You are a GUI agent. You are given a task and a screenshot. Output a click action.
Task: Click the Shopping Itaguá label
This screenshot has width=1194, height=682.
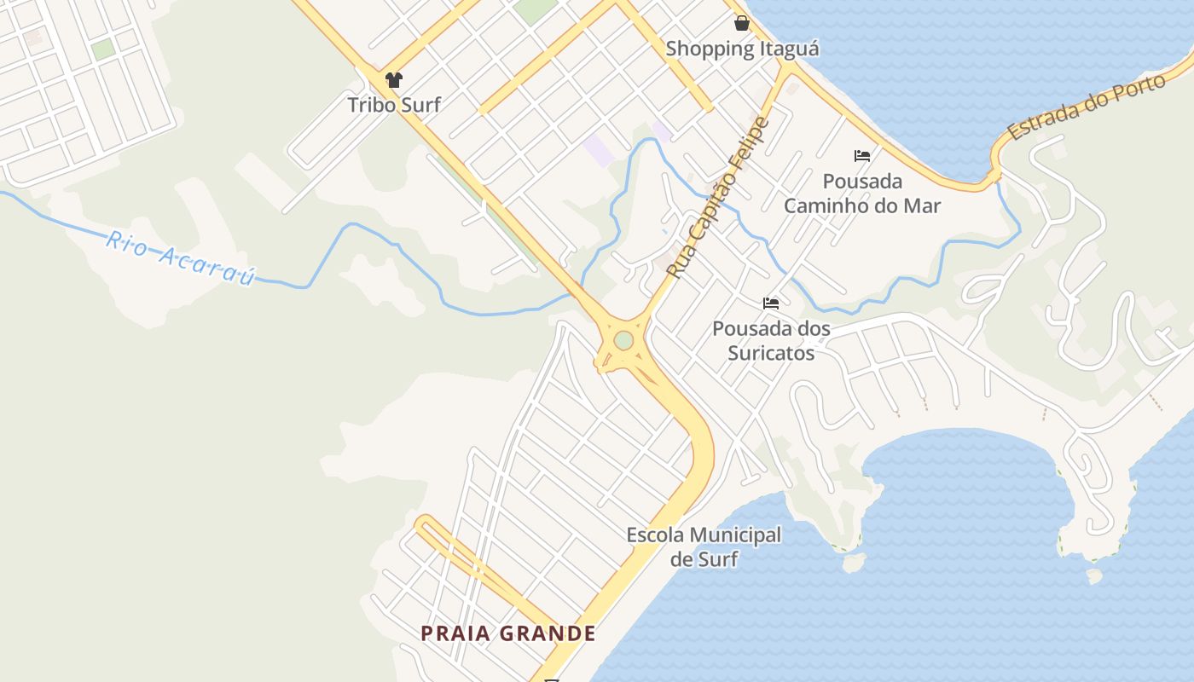tap(742, 49)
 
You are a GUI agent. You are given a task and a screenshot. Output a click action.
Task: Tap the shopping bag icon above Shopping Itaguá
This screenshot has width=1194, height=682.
tap(742, 23)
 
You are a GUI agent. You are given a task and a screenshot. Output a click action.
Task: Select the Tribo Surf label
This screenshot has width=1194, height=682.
tap(394, 105)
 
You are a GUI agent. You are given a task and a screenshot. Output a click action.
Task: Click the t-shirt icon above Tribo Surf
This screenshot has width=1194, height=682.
tap(394, 80)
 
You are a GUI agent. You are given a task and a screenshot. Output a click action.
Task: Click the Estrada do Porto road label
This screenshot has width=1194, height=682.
tap(1087, 107)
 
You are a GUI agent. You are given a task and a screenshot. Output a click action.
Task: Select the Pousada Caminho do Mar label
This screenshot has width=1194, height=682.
tap(862, 194)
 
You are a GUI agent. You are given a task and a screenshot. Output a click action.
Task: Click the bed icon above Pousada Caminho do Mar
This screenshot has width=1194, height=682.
tap(862, 156)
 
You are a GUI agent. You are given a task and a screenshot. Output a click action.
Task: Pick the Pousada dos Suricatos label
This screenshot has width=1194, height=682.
tap(771, 340)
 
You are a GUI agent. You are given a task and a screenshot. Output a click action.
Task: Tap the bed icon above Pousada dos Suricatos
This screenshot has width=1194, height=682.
tap(771, 303)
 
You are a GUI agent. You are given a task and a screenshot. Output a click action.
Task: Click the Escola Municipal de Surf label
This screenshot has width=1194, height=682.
tap(704, 547)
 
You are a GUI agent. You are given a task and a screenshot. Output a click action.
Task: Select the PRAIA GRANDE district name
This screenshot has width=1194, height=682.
tap(508, 633)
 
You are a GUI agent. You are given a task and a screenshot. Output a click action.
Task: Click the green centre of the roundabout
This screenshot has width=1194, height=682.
tap(623, 340)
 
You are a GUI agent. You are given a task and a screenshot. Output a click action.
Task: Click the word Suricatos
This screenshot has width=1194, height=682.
tap(771, 352)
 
